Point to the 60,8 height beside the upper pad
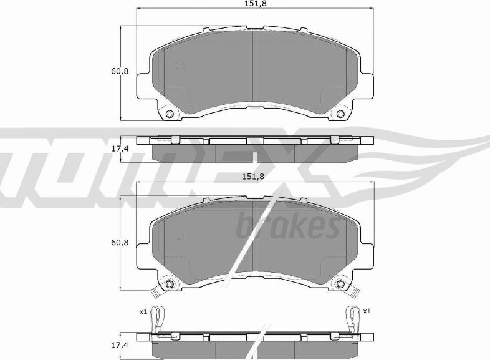119,71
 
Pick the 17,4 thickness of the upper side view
119,149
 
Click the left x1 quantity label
142,312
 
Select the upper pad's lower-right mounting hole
340,114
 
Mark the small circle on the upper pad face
180,65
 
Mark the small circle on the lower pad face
180,235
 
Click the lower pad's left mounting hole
169,285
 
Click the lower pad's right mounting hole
340,285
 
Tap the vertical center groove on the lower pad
255,240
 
